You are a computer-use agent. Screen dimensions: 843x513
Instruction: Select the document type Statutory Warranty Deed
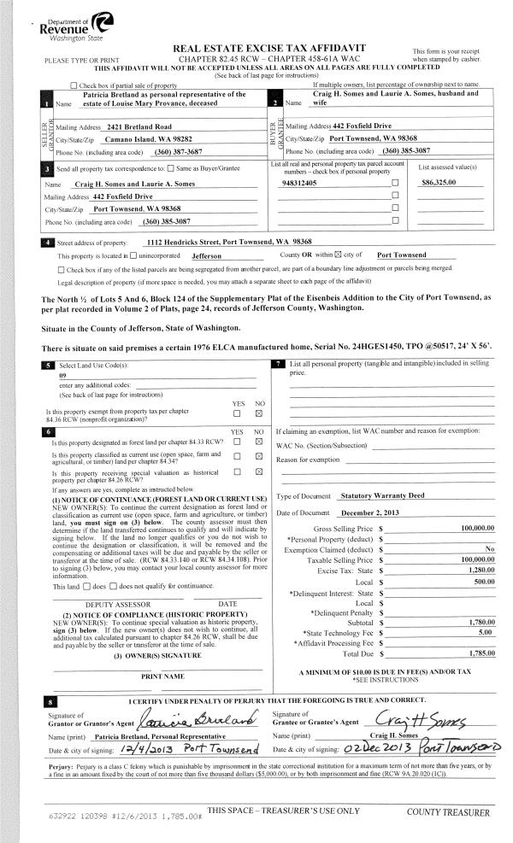(380, 495)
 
